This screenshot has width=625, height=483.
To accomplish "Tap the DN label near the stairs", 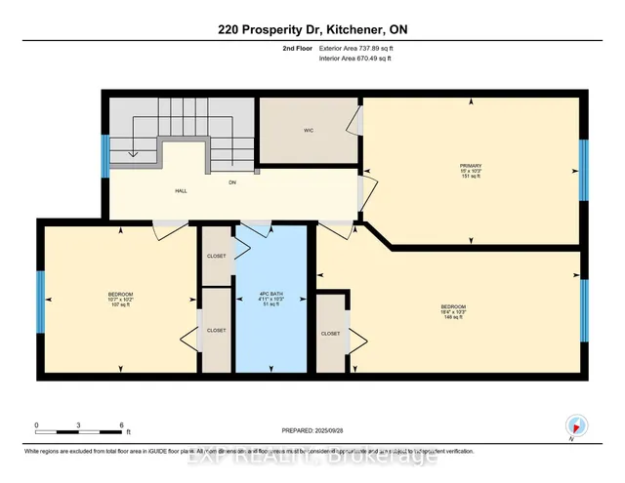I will point(232,181).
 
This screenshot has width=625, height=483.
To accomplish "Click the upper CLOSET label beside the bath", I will point(216,256).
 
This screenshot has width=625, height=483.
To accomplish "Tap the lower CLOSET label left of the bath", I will point(216,331).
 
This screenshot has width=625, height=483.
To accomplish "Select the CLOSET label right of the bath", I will point(330,334).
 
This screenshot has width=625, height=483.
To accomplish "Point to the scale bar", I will point(79,426).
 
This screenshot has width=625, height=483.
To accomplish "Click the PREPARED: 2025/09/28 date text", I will point(312,431).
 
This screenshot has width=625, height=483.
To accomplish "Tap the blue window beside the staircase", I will point(104,156).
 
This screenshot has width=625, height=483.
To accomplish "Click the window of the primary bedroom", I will point(583,170).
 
